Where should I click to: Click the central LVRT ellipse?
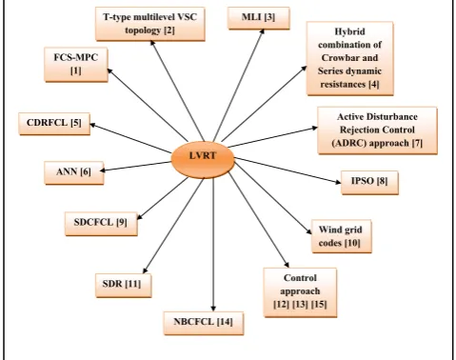(x=203, y=159)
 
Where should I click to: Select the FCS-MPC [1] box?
(x=76, y=65)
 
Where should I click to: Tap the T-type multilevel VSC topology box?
(x=150, y=24)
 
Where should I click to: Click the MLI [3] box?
(x=259, y=18)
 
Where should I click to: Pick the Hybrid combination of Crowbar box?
(x=350, y=58)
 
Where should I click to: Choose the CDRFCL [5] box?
(x=54, y=124)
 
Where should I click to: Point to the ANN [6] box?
(x=74, y=172)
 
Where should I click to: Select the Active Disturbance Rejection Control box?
(x=377, y=130)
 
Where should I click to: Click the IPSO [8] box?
(x=369, y=182)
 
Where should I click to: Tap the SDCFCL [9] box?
(x=101, y=224)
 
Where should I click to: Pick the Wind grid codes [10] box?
(x=342, y=236)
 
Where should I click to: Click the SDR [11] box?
(x=124, y=286)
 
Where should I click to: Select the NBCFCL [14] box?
(x=204, y=323)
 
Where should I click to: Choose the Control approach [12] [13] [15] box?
(x=300, y=292)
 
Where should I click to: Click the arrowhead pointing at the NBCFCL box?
(x=213, y=309)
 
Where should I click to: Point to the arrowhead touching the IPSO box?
(x=338, y=182)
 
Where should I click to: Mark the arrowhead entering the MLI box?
(x=262, y=31)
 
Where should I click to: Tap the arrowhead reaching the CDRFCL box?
(x=93, y=125)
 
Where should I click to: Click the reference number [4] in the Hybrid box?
(x=374, y=85)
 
